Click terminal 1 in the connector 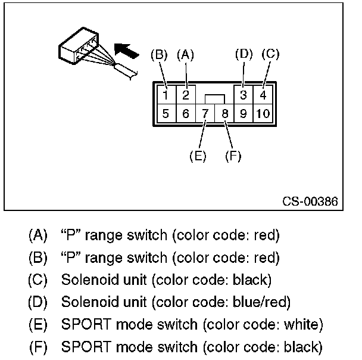[167, 95]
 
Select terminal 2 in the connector [186, 95]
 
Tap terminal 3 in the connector [243, 95]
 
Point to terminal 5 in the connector [167, 113]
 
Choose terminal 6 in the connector [186, 113]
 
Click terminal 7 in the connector [205, 113]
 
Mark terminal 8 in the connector [224, 113]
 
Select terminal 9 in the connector [243, 113]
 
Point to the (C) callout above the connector [270, 54]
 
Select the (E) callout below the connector [197, 156]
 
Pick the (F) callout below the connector [233, 156]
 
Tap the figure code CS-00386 [310, 201]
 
